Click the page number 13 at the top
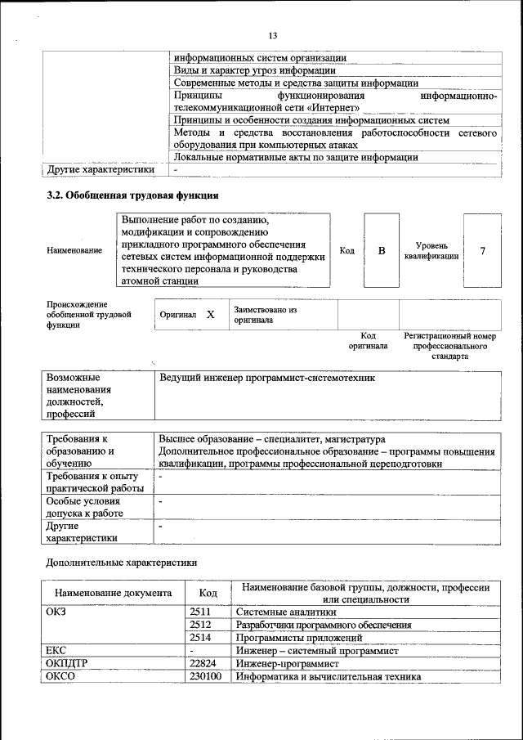pos(273,35)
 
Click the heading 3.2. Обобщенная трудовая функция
pos(132,196)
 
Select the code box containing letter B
pos(381,250)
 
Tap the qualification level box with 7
pos(482,250)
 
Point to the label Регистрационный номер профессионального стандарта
pos(449,346)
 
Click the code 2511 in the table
pos(200,611)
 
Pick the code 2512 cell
pos(200,624)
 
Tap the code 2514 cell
pos(200,637)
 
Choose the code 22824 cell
pos(203,664)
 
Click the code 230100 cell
pos(205,677)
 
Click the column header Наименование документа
pos(114,593)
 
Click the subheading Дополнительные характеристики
pos(121,562)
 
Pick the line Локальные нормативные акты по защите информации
pos(297,157)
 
